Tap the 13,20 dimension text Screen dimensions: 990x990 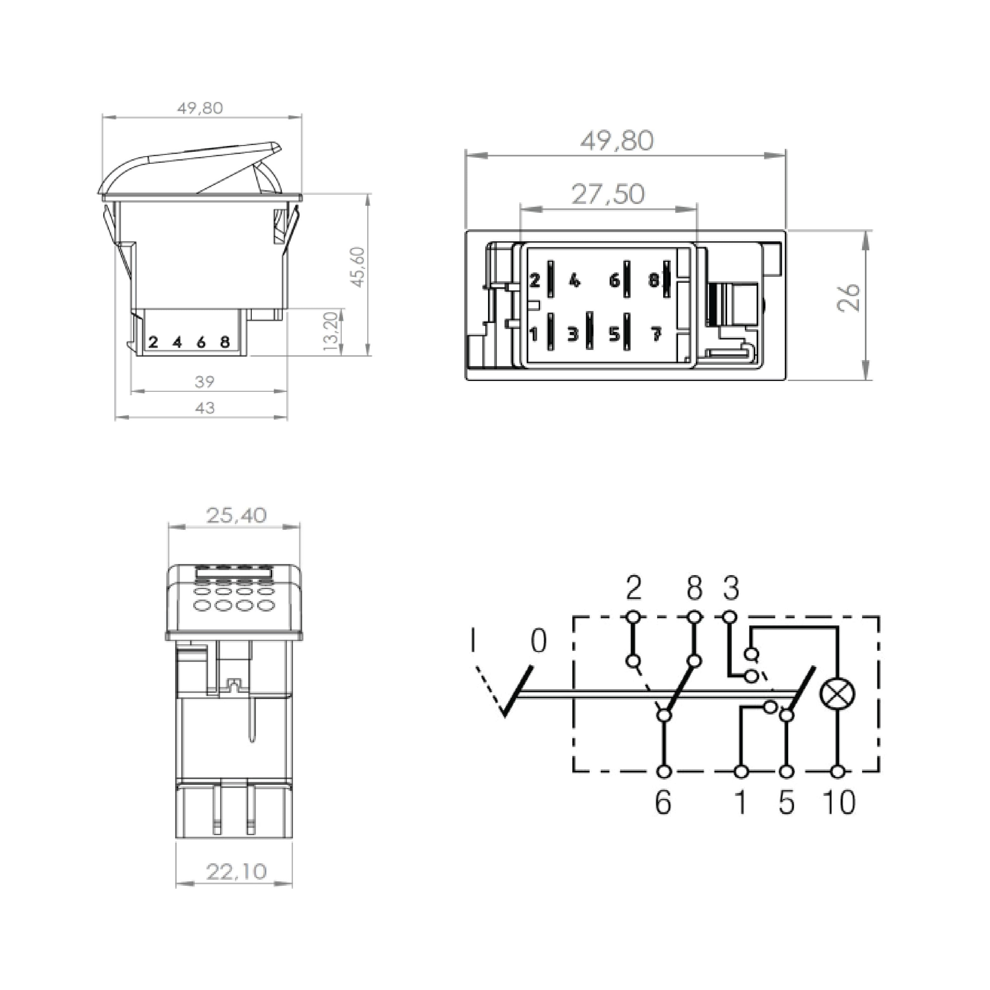[332, 331]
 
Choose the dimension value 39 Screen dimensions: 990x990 [205, 382]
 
